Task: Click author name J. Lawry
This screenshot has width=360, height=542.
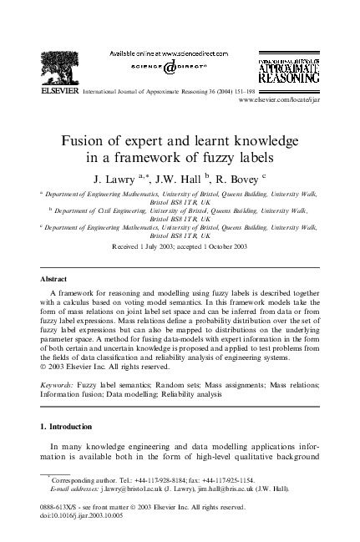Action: pos(119,178)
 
